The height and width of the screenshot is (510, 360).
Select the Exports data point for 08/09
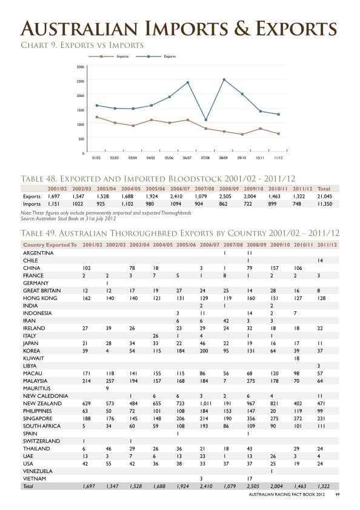tap(224, 79)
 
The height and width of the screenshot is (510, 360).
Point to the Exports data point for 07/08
tap(206, 119)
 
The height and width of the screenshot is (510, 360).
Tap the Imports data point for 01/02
tap(97, 117)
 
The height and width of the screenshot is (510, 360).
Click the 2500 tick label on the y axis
tap(81, 81)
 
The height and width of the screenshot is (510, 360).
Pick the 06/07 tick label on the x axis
tap(187, 158)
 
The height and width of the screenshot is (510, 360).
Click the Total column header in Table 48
tap(324, 189)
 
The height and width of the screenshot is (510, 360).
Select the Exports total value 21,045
tap(325, 196)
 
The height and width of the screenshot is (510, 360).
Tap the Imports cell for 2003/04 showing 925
tap(101, 204)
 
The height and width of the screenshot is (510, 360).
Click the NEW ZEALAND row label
tap(42, 404)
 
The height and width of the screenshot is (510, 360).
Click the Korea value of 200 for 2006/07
tap(204, 351)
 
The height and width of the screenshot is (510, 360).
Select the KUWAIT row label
tap(33, 358)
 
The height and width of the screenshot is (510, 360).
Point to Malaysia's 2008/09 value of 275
tap(251, 381)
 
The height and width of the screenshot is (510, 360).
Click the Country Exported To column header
tap(50, 245)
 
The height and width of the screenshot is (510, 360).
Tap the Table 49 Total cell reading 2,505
tap(253, 486)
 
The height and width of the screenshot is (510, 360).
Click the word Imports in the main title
tap(186, 29)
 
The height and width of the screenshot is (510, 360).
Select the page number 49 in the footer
tap(338, 495)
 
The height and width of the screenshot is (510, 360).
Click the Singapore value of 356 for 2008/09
tap(251, 418)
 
